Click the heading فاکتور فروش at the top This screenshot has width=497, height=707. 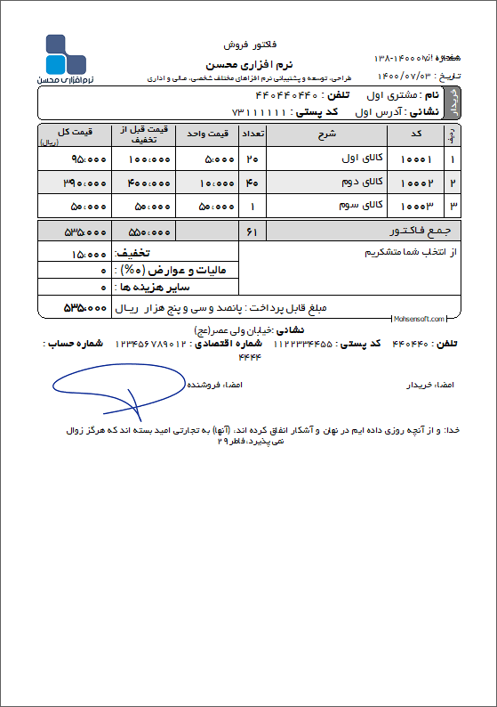click(250, 43)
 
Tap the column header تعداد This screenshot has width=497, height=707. click(253, 134)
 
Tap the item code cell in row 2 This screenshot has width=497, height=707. click(417, 183)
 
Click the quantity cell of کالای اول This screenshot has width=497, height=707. click(253, 159)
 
